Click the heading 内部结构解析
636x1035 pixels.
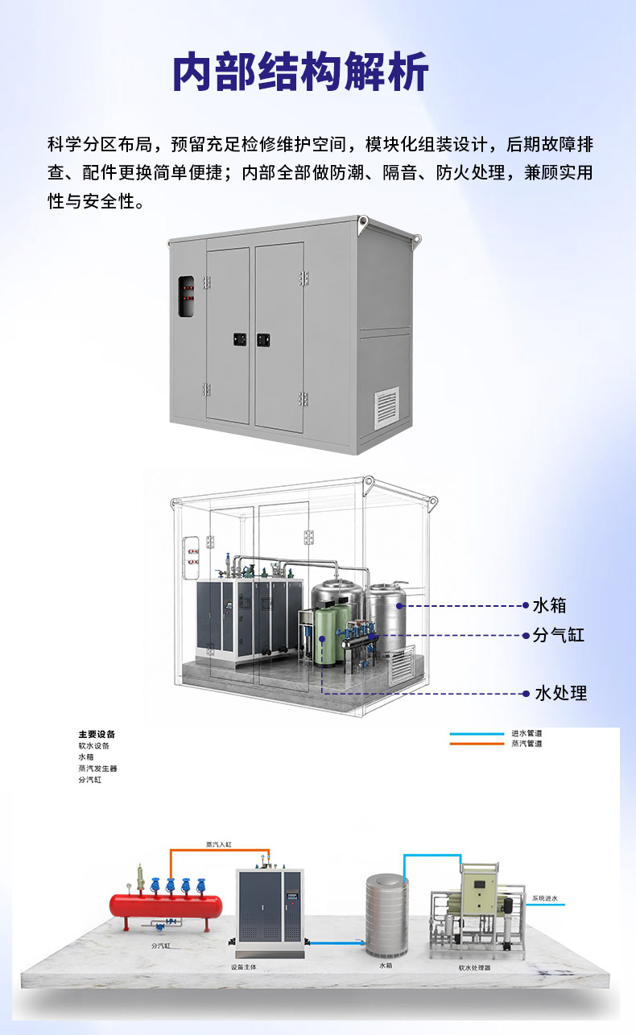point(300,72)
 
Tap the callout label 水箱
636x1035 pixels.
point(549,605)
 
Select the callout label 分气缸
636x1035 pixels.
point(559,635)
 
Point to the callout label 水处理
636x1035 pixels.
point(560,693)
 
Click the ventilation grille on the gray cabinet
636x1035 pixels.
point(387,406)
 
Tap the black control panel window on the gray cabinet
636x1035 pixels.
point(186,297)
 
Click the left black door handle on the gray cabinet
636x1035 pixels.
point(239,340)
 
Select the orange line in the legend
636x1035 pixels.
point(477,744)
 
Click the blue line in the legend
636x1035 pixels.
point(477,734)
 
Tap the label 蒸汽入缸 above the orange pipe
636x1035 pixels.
point(219,844)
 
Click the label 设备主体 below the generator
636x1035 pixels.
point(244,967)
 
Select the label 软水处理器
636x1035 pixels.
point(475,967)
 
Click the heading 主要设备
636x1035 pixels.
point(97,734)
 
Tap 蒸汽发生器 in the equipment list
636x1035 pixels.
point(97,769)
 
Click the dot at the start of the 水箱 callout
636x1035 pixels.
point(399,606)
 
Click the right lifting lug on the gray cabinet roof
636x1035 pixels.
point(417,239)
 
